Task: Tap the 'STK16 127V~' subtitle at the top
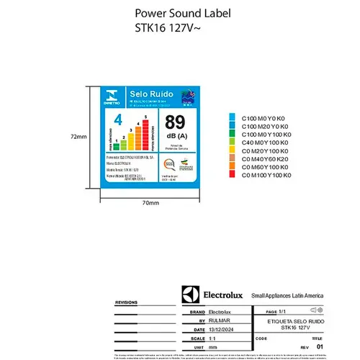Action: coord(163,30)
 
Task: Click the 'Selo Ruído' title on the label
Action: coord(143,94)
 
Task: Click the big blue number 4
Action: coord(110,122)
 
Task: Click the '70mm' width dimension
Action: coord(150,203)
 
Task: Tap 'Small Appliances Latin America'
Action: coord(287,296)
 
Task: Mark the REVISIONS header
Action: coord(126,304)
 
